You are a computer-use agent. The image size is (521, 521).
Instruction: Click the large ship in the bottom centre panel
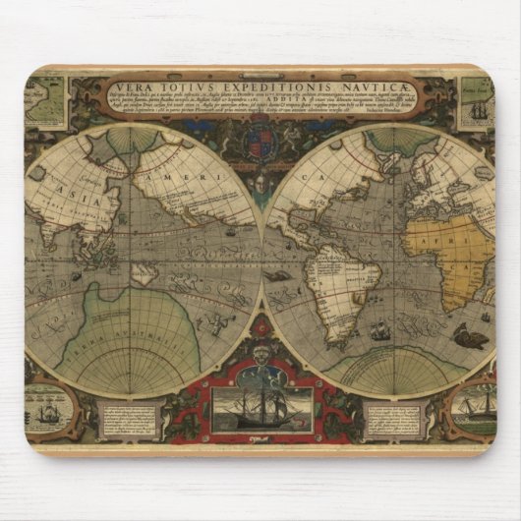click(260, 402)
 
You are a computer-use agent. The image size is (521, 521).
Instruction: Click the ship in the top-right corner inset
click(480, 107)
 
